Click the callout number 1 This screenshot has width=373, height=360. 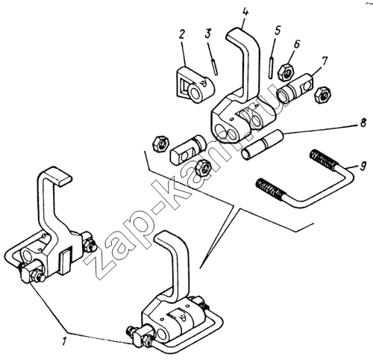point(64,341)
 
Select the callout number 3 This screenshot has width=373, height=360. point(207,34)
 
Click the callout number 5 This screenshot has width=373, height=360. point(277,31)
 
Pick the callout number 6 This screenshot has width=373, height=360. point(296,44)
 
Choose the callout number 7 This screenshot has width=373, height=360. point(325,61)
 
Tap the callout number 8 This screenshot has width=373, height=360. point(363,123)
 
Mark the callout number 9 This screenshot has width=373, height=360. point(363,167)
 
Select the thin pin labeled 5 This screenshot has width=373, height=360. point(272,67)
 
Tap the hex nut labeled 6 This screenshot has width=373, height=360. point(286,72)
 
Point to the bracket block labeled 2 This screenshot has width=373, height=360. point(195,84)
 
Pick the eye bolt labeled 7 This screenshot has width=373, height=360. point(295,89)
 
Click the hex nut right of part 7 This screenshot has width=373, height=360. point(322,95)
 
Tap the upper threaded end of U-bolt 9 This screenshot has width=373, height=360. point(323,158)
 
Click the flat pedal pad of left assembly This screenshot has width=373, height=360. point(57,176)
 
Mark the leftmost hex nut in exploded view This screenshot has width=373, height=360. point(161,143)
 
